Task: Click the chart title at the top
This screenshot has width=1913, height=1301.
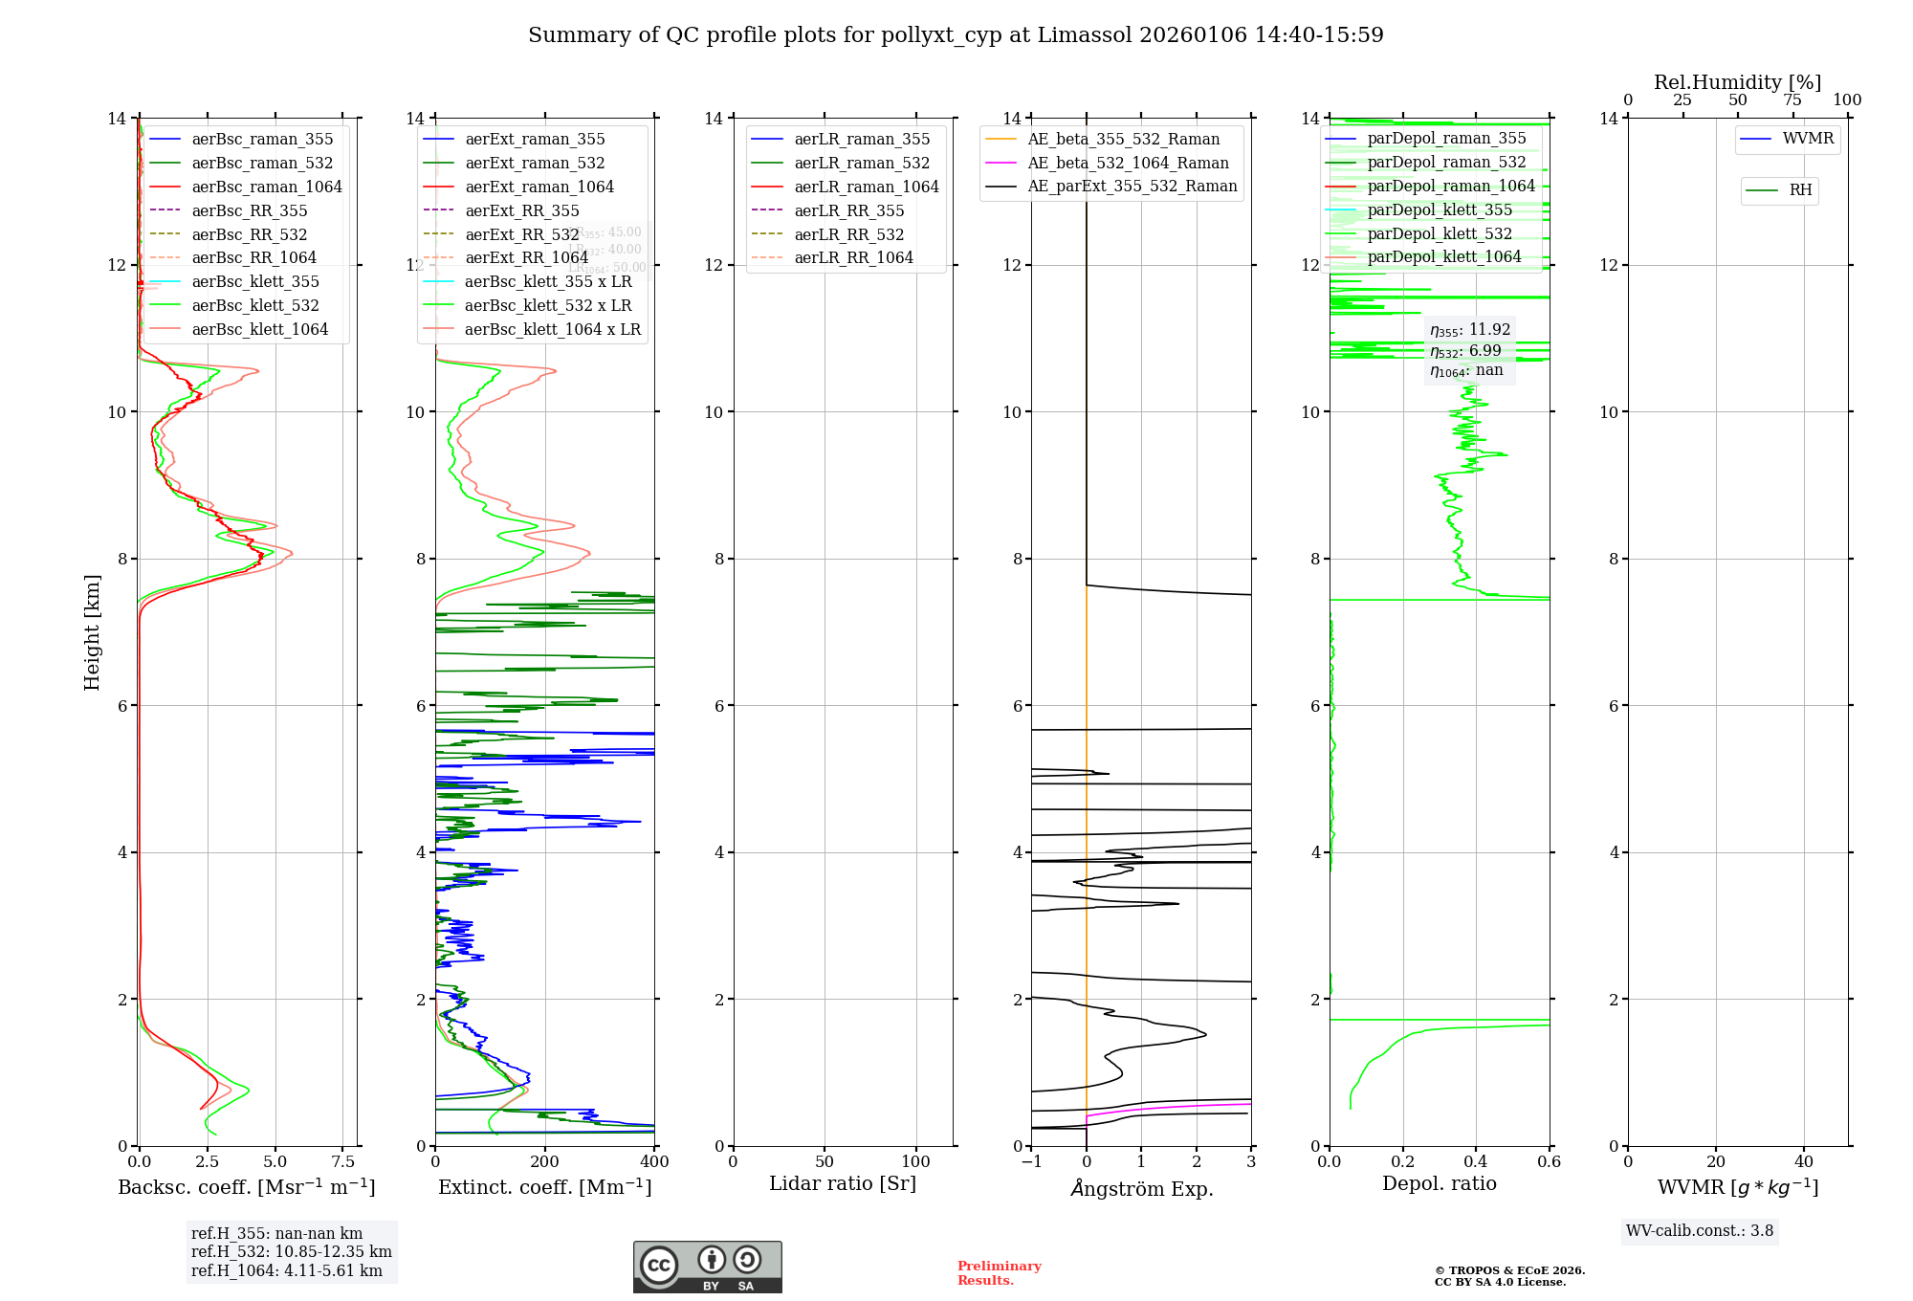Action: point(956,35)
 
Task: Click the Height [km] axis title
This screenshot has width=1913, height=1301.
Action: point(92,631)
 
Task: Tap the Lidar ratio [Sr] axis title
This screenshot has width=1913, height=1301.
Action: point(843,1183)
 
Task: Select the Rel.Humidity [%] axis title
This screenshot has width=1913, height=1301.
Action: point(1737,82)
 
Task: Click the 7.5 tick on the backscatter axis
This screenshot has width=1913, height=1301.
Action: point(343,1162)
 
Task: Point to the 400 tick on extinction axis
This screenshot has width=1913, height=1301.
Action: point(654,1162)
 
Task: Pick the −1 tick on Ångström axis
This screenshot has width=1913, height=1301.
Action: point(1031,1162)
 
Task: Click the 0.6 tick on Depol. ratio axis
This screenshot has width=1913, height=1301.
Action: point(1549,1162)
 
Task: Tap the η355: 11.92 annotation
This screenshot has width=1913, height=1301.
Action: point(1470,330)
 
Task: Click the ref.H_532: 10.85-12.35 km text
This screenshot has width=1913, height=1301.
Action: point(291,1251)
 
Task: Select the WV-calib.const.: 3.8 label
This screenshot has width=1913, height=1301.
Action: point(1699,1230)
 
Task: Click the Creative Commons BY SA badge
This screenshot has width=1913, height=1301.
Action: point(707,1268)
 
